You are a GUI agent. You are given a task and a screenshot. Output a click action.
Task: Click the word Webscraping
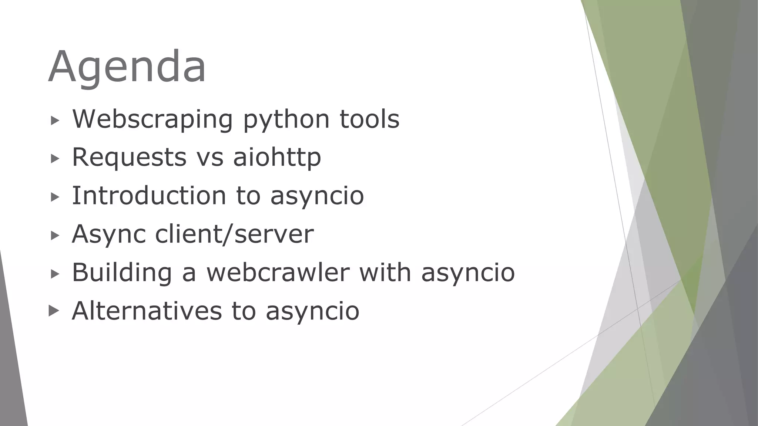pos(152,119)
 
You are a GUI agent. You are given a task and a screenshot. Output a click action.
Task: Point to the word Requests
pos(129,158)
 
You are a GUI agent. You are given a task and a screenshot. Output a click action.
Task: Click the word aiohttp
pos(277,158)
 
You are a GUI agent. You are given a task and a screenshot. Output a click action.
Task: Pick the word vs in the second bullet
pos(210,158)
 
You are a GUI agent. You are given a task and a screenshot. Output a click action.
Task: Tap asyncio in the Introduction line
pos(317,196)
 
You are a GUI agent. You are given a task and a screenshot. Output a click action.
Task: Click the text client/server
pos(234,234)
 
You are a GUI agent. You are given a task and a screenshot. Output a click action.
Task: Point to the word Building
pos(122,273)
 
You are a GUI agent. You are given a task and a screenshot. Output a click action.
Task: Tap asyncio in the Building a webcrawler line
pos(468,273)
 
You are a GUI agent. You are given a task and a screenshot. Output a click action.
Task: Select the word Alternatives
pos(147,311)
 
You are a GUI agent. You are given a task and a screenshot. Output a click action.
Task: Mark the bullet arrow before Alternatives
pos(54,311)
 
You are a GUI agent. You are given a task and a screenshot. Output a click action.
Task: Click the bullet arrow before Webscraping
pos(55,120)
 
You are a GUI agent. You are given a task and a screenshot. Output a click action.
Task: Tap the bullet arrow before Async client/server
pos(55,235)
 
